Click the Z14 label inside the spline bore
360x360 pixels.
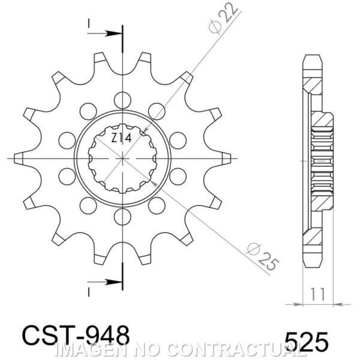point(121,139)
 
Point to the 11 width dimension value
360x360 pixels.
point(318,294)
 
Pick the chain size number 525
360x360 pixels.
point(307,341)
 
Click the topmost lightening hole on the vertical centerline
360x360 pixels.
point(122,100)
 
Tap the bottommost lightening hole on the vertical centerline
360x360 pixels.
point(122,217)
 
